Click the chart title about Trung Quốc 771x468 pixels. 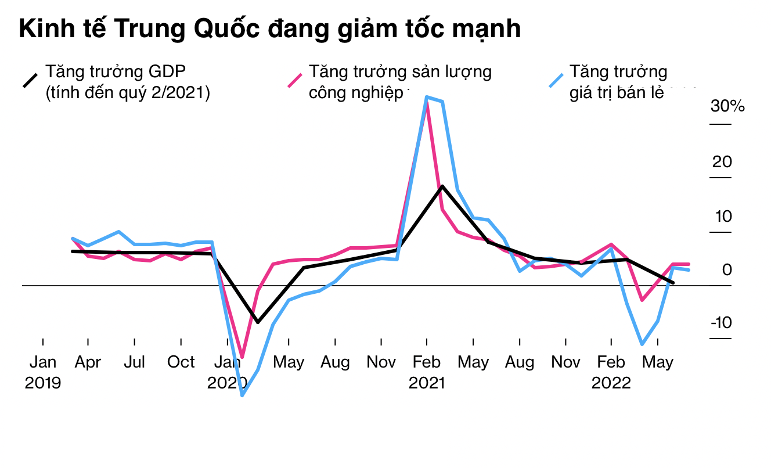[x=270, y=29]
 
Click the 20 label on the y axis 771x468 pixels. [x=722, y=161]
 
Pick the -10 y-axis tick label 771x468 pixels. [x=720, y=323]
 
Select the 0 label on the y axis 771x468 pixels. [x=727, y=269]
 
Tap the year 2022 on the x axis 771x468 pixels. [x=611, y=383]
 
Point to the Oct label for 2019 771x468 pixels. [x=181, y=362]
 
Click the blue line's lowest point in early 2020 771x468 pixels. [x=242, y=395]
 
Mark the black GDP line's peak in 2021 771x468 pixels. [x=442, y=186]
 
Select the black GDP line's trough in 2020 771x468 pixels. [x=257, y=322]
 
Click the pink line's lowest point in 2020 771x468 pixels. [x=242, y=357]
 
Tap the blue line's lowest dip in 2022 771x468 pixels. [x=642, y=344]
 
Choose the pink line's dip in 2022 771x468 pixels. [x=642, y=300]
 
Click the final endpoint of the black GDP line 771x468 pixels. [x=673, y=283]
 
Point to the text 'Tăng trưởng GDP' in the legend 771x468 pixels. [x=116, y=72]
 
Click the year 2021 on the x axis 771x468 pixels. [x=427, y=383]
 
